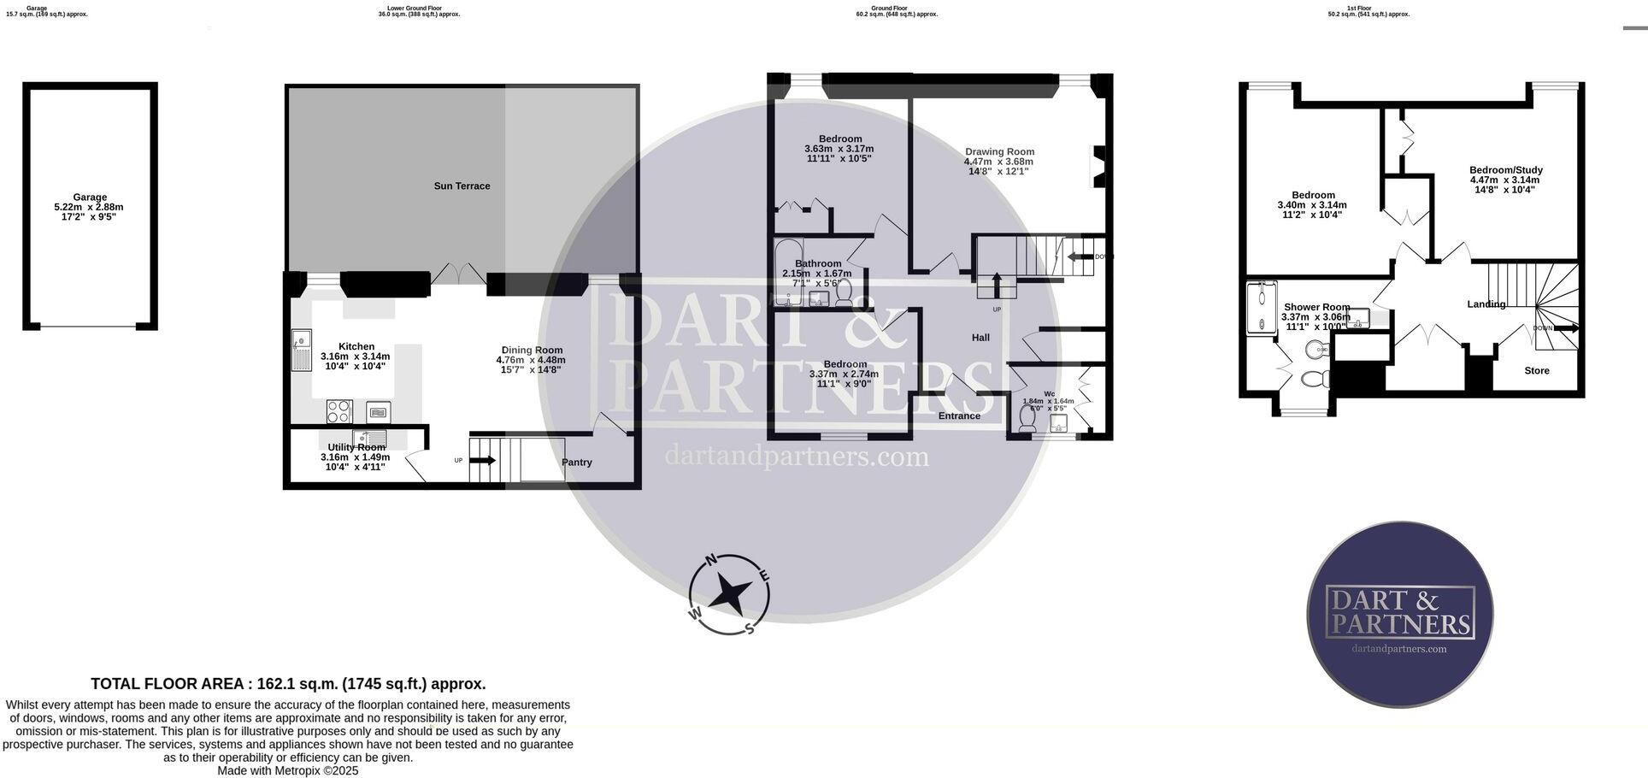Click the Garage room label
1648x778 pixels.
[x=89, y=197]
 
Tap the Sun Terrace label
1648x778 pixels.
[x=462, y=186]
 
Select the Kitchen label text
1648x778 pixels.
[x=356, y=346]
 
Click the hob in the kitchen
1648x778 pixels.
[x=339, y=412]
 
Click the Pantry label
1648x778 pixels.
[x=576, y=463]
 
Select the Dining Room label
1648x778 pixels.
[x=532, y=350]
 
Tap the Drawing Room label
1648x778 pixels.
[x=999, y=151]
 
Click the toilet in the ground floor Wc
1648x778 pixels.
[x=1027, y=418]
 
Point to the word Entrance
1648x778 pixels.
[x=959, y=416]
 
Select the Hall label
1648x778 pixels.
[x=980, y=338]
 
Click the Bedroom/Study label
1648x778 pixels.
[x=1505, y=170]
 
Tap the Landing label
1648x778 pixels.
[x=1486, y=304]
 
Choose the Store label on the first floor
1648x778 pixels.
[x=1536, y=371]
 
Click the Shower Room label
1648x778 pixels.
[x=1316, y=307]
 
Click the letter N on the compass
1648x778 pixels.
[x=710, y=561]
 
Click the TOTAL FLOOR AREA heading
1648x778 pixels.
[x=288, y=684]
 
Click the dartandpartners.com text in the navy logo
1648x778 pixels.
[x=1399, y=649]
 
